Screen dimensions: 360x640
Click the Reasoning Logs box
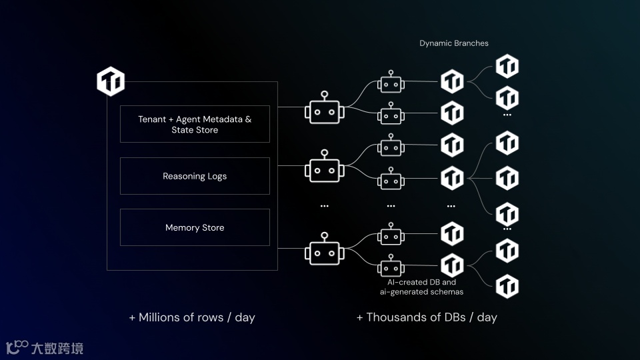(195, 176)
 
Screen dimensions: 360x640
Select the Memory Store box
(195, 227)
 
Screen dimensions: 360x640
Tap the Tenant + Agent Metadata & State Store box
(195, 124)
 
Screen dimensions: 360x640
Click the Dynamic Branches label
(453, 43)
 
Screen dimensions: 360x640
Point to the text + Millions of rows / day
(192, 317)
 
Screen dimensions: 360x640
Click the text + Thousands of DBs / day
(427, 317)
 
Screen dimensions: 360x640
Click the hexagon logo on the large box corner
(111, 81)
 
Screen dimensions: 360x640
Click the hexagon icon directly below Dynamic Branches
(452, 82)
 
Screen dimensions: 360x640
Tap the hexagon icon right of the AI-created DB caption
(507, 285)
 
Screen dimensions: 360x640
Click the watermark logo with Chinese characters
(45, 347)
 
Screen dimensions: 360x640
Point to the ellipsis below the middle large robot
(325, 206)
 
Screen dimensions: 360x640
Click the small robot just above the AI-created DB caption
(391, 266)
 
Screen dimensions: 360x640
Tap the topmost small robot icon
(391, 83)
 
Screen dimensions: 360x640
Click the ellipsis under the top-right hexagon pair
(507, 115)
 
